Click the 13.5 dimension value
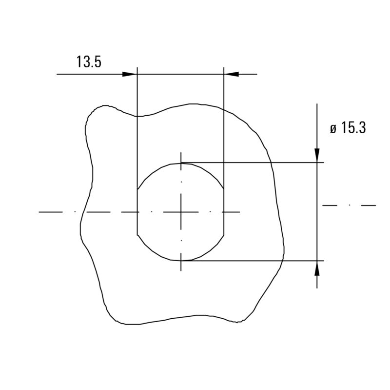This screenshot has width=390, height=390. [x=89, y=62]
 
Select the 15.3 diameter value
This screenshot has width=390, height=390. [x=353, y=128]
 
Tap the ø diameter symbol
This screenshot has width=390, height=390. [x=333, y=129]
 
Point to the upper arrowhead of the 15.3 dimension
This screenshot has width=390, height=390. [x=317, y=155]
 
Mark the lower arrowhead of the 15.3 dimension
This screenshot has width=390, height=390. [x=317, y=268]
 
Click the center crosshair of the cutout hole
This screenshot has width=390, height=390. [x=181, y=212]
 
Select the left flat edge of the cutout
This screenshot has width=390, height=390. [x=137, y=212]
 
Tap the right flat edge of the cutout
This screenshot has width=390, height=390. [x=224, y=212]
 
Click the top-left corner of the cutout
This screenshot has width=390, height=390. [x=137, y=189]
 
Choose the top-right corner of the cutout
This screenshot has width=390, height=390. [x=224, y=189]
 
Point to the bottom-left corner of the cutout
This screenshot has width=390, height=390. [x=137, y=235]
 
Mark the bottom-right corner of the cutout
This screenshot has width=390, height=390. [x=224, y=235]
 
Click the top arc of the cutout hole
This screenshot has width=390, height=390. [x=181, y=163]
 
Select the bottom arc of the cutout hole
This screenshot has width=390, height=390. [x=181, y=261]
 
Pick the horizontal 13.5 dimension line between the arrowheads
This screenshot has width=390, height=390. [x=180, y=74]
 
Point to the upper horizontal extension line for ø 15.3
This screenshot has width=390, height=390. [x=253, y=163]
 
